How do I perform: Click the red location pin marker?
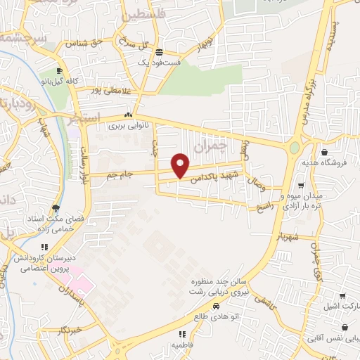181,165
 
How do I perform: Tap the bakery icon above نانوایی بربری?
127,116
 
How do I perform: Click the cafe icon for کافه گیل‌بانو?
59,70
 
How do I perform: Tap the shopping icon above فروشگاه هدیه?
324,151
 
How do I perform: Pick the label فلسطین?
145,14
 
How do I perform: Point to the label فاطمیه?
182,345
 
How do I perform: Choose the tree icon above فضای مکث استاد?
56,207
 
